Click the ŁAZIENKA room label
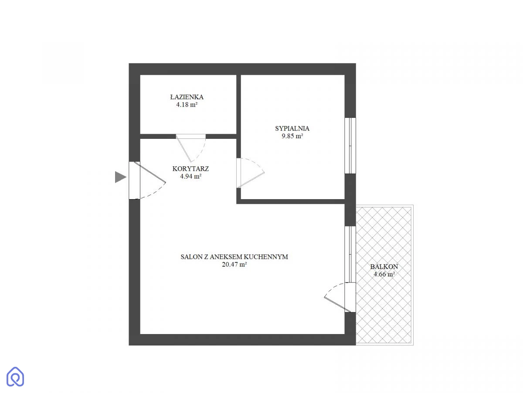187,97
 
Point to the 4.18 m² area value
187,104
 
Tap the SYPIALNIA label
292,128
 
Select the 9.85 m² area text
292,136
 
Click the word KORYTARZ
190,169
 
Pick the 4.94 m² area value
190,176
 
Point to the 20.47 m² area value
234,264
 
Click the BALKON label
384,266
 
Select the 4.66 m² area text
384,274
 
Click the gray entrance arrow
120,177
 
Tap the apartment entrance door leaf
150,172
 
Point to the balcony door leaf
337,304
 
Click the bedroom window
350,145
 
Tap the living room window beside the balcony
350,254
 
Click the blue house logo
15,376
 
